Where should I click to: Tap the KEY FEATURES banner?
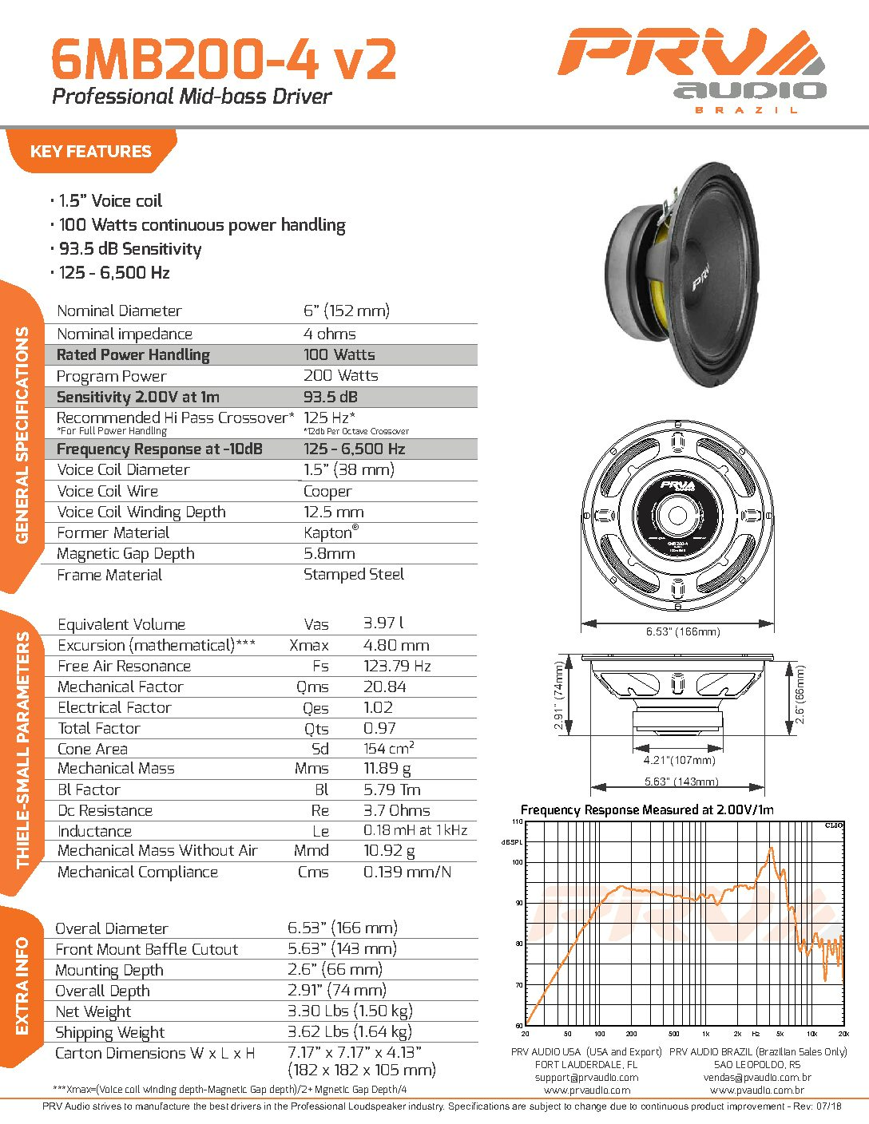[91, 151]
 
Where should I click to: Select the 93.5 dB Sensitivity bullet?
[130, 249]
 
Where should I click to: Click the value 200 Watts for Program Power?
[340, 375]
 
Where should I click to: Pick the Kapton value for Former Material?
[331, 532]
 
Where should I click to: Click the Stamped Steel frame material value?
[354, 574]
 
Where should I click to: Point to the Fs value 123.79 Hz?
[397, 666]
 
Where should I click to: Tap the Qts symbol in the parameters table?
[316, 729]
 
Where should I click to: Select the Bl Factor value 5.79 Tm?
[392, 790]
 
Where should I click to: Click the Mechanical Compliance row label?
[137, 872]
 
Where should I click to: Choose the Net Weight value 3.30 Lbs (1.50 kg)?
[350, 1011]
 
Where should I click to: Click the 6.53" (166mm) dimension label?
[683, 631]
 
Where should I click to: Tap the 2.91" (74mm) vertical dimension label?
[559, 695]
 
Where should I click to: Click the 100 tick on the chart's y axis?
[517, 862]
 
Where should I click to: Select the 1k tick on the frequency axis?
[705, 1034]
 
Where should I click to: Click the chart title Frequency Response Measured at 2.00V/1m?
[647, 810]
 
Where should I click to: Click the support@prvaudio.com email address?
[586, 1078]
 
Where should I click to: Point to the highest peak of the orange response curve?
[772, 848]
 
